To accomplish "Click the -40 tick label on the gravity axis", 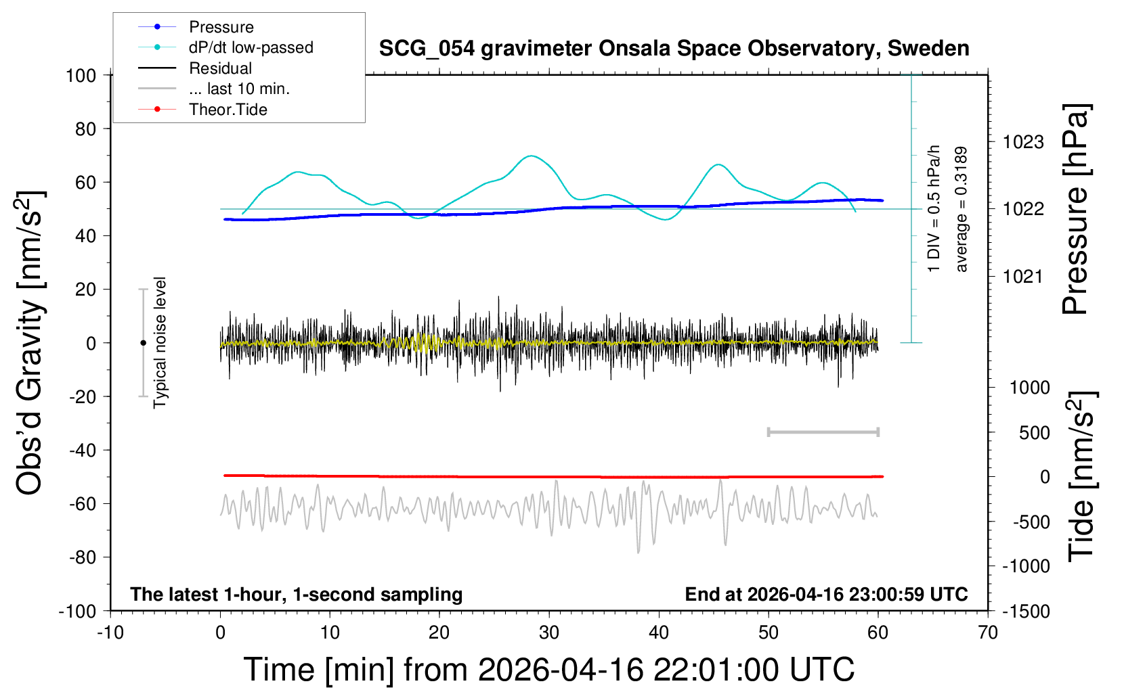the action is point(83,451).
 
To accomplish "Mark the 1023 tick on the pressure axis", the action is point(1023,143).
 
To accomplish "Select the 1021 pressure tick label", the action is point(1023,276).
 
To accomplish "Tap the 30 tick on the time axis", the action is point(549,632).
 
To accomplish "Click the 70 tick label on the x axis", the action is point(987,632).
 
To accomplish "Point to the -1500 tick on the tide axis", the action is point(1026,612).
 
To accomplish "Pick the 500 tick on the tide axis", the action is point(1034,433).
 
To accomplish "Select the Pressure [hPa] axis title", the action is point(1075,209).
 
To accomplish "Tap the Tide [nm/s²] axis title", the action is point(1082,476).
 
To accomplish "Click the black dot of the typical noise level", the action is point(143,343).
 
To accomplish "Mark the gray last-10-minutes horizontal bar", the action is point(823,432).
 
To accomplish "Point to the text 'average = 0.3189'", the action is point(960,210).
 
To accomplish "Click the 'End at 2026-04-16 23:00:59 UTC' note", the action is point(827,594).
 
